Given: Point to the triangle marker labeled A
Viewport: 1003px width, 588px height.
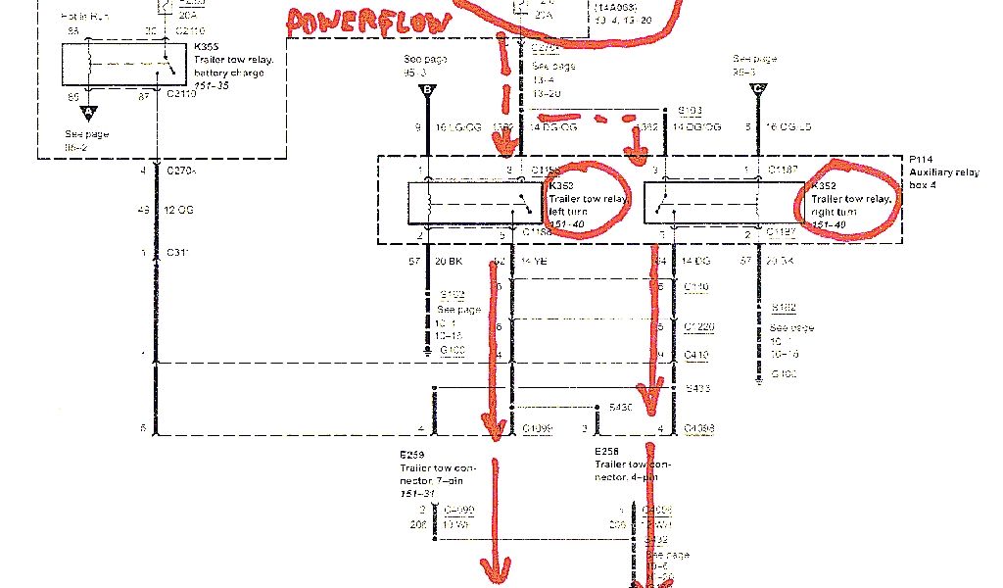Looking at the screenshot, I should pos(88,112).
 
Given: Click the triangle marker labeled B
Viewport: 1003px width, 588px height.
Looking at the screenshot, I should pos(427,90).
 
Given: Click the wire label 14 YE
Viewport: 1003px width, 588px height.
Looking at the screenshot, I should pos(533,264).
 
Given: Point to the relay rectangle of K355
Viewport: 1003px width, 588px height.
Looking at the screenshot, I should pos(121,65).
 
